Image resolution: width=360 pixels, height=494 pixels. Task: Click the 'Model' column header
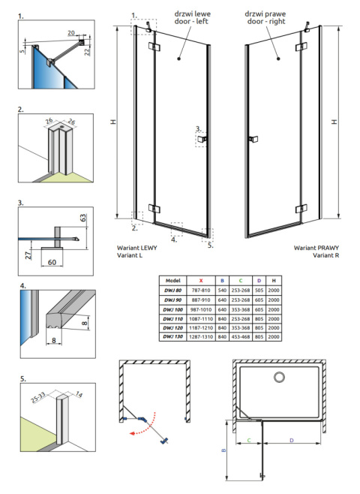(x=173, y=279)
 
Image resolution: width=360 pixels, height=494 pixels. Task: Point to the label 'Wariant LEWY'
(x=137, y=247)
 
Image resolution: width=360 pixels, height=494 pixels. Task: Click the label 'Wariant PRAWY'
(x=314, y=247)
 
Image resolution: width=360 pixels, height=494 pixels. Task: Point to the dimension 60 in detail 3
(x=52, y=263)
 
